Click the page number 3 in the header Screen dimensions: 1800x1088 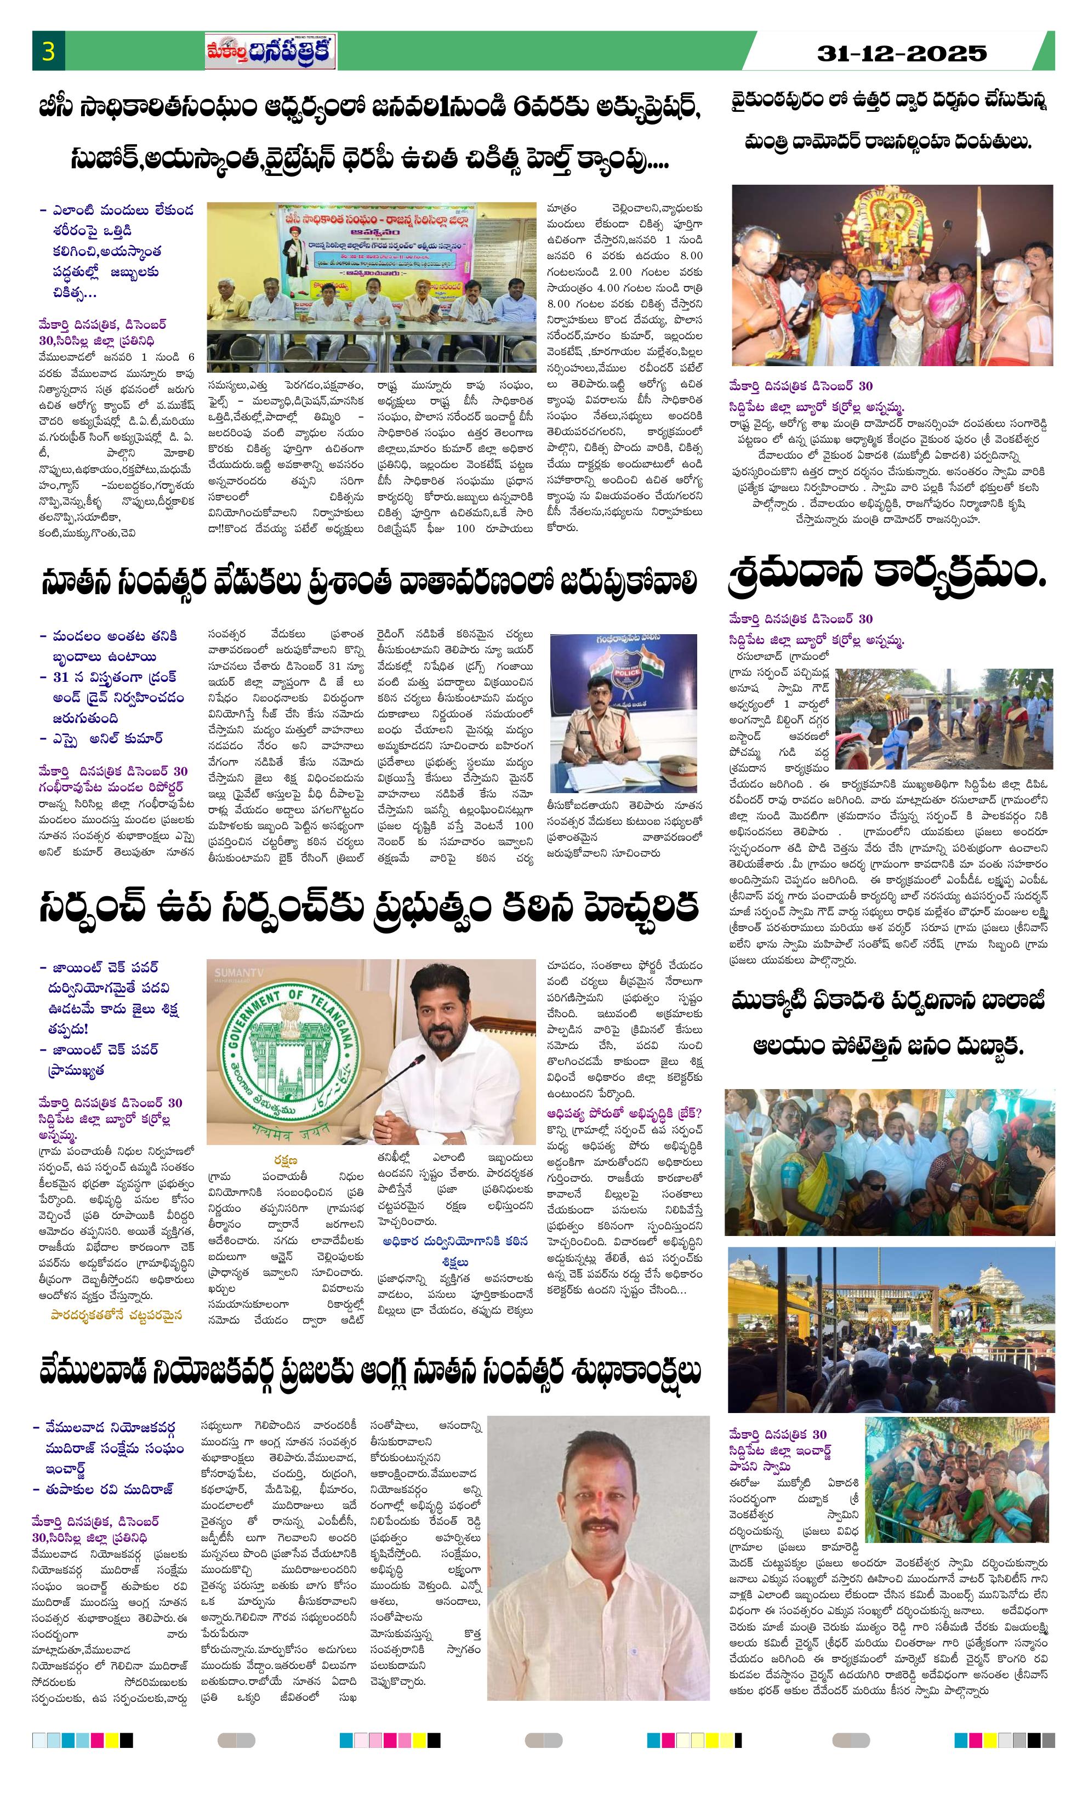49,53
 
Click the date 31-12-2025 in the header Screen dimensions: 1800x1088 902,53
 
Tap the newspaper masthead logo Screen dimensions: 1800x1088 270,53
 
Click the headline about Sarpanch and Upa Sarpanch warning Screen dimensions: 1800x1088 369,907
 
